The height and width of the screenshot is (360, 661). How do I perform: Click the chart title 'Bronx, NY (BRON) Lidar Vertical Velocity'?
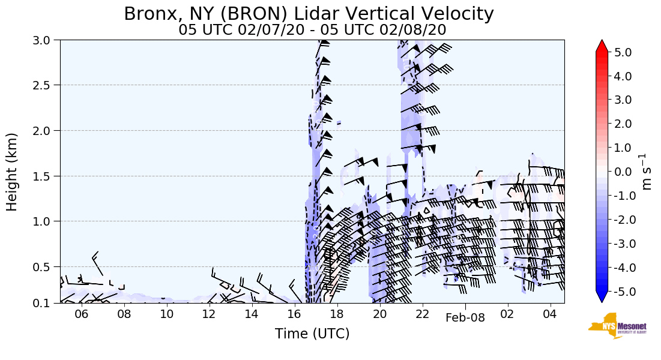[x=309, y=14]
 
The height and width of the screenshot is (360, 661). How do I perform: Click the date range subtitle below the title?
[x=312, y=30]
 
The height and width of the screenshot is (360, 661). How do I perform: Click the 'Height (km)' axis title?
[x=12, y=172]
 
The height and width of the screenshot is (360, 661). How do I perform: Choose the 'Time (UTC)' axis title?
[x=312, y=334]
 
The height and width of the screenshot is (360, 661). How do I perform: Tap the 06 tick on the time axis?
[x=81, y=314]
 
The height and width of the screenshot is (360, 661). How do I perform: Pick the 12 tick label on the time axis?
[x=209, y=314]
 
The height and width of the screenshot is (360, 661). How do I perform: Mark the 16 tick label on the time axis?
[x=294, y=314]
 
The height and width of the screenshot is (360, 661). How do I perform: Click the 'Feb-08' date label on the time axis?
[x=465, y=319]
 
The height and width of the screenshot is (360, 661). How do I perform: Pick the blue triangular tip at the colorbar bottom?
[x=602, y=297]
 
